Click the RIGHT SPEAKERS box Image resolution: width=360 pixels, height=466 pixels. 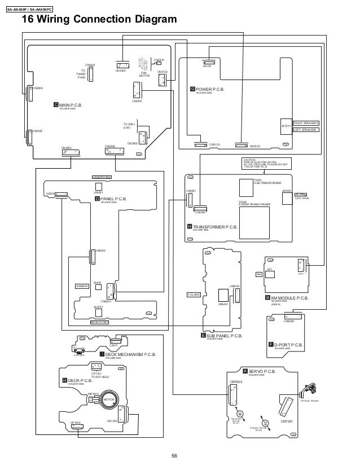point(306,122)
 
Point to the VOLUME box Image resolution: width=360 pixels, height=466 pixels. point(194,294)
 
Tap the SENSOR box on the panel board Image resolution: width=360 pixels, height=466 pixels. point(82,287)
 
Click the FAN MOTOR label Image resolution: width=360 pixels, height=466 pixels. point(143,73)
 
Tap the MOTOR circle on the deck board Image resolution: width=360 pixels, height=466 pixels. point(109,400)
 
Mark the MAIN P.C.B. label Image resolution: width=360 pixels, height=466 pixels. point(71,105)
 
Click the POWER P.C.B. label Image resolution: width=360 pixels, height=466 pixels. point(212,89)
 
